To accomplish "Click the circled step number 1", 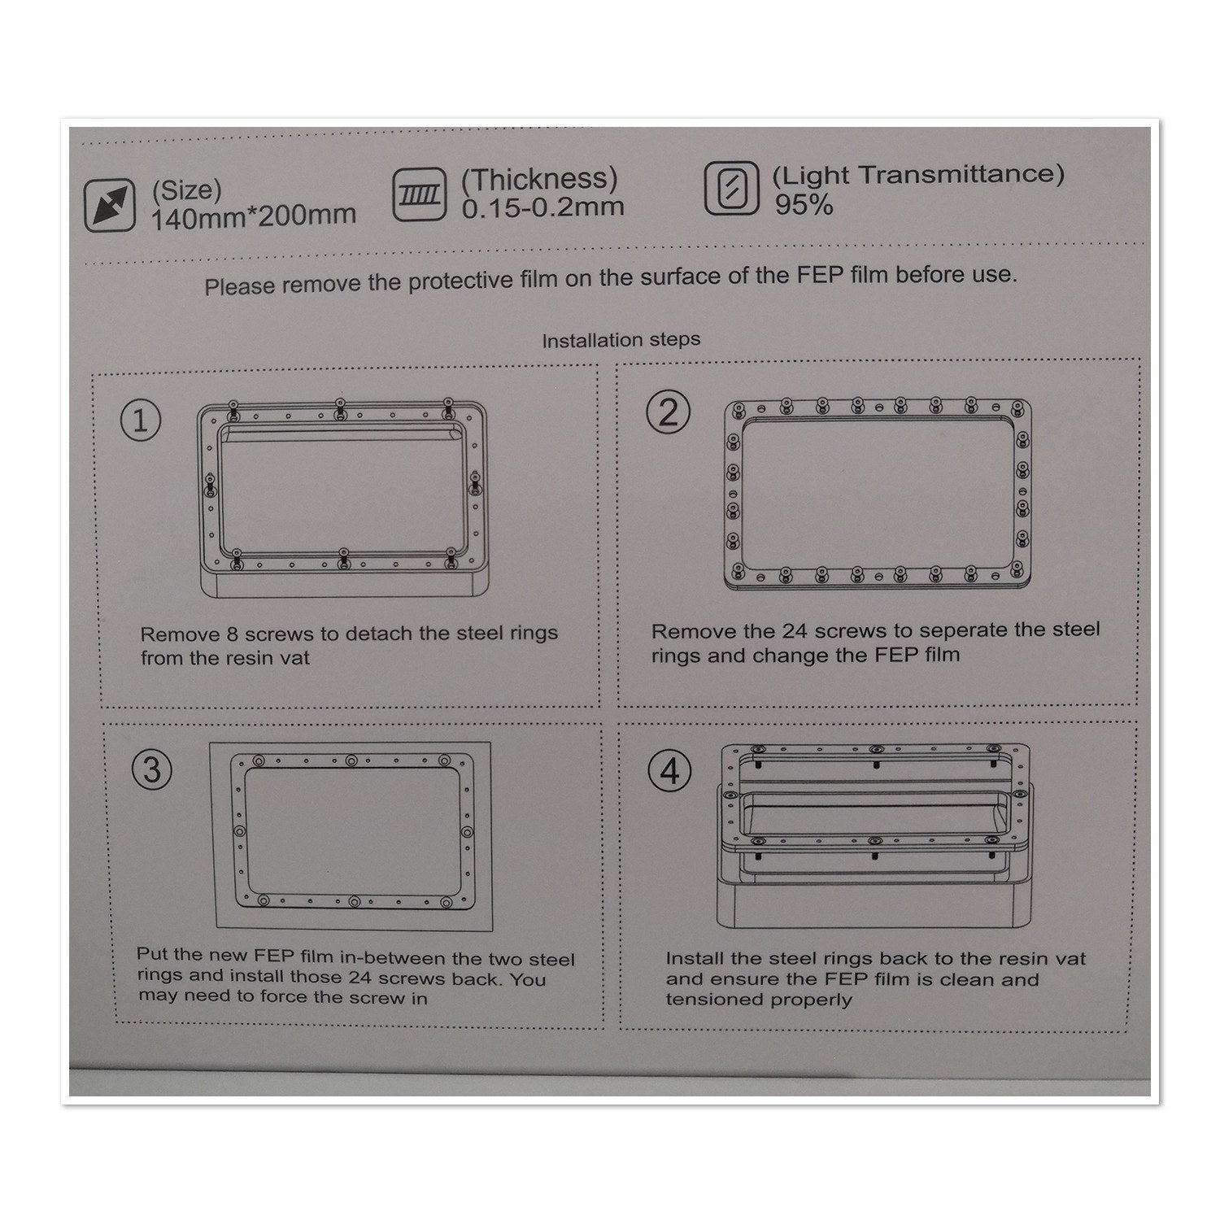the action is tap(141, 421).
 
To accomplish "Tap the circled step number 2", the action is tap(668, 415).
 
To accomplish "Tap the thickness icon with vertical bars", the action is tap(419, 195).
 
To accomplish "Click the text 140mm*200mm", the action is tap(253, 216).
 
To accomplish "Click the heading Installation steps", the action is tap(621, 339).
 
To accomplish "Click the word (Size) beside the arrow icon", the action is tap(185, 190).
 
